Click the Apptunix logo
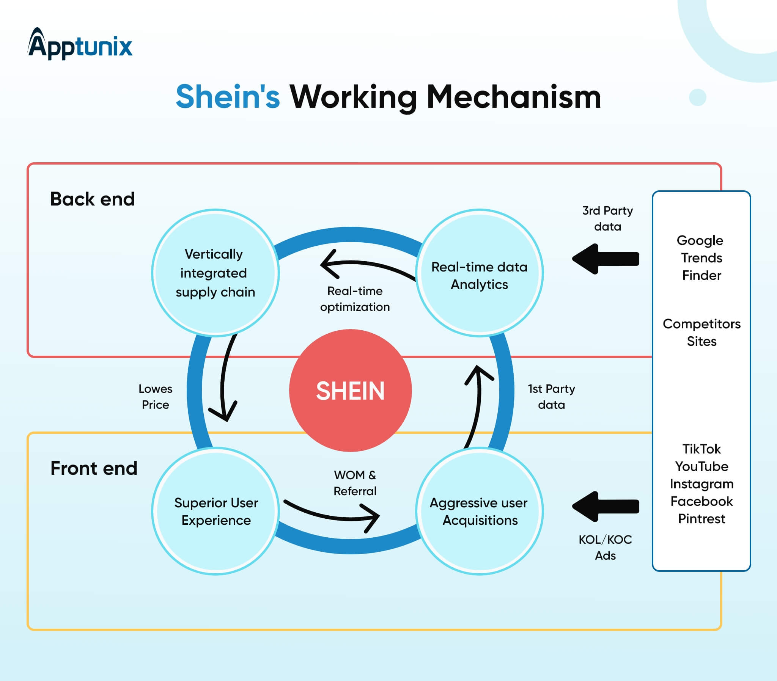80,44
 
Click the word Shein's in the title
228,97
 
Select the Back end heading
92,199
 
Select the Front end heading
93,468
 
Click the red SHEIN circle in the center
350,391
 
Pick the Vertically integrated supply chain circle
215,273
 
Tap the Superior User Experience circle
215,511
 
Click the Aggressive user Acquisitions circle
479,511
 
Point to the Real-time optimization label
355,299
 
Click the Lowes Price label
155,397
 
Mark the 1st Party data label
551,397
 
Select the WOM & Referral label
355,483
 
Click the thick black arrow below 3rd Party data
606,259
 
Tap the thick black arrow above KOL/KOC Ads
606,506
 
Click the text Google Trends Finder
702,258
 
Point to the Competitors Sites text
702,333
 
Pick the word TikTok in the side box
702,449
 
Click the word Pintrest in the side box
702,519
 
